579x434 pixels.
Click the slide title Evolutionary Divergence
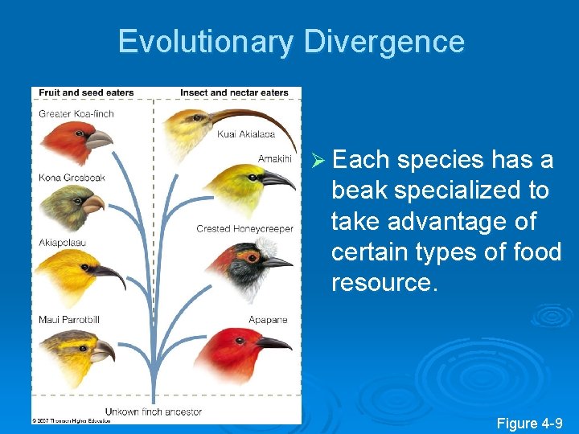[x=291, y=42]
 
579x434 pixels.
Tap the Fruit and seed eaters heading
[x=86, y=92]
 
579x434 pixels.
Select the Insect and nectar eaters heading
[x=234, y=92]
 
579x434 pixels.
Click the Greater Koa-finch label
[x=76, y=113]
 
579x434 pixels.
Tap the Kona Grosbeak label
[x=72, y=177]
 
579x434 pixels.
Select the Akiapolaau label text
[x=63, y=242]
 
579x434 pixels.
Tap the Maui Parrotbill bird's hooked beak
[x=104, y=350]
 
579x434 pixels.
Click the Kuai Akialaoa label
[x=246, y=134]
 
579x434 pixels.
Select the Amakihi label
[x=274, y=158]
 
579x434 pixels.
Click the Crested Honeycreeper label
[x=244, y=229]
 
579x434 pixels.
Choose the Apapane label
[x=268, y=320]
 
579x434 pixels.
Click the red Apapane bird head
[x=237, y=350]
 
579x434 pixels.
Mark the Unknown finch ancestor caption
[x=154, y=411]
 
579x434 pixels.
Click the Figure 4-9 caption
[x=528, y=423]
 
